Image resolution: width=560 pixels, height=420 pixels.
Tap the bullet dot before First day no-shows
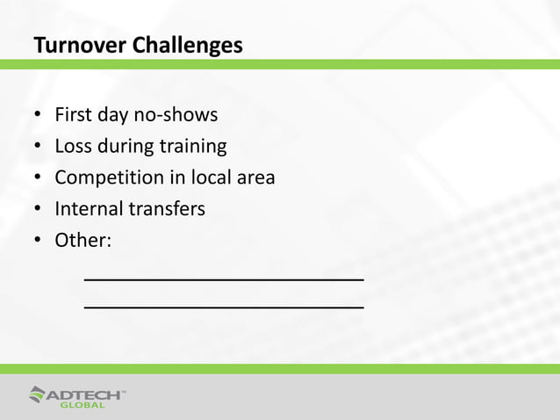point(38,116)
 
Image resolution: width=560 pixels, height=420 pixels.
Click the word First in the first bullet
point(73,115)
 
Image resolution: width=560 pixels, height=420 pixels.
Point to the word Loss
point(74,146)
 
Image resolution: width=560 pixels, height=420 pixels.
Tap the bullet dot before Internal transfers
point(38,210)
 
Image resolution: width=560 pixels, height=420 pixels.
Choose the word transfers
point(167,209)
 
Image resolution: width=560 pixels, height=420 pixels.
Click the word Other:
point(83,240)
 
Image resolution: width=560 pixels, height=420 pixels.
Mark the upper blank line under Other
point(223,279)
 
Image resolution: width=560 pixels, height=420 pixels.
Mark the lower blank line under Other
point(223,308)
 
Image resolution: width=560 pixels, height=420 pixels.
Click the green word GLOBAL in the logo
point(83,405)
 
